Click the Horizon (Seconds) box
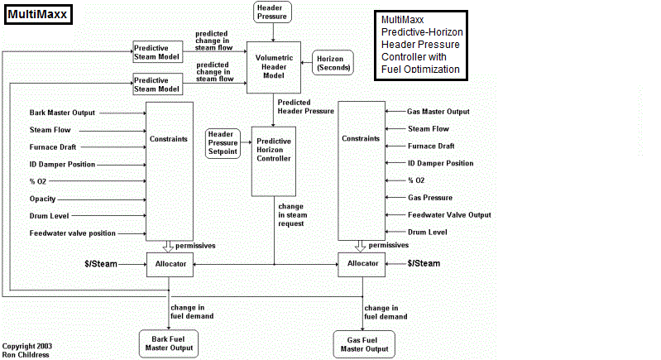coord(333,62)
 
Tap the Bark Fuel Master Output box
coord(170,343)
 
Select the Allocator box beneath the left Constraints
coord(170,264)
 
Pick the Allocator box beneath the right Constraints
coord(363,264)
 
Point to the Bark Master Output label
coord(63,113)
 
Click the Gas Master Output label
coord(438,112)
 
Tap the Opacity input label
coord(43,199)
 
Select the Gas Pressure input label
coord(430,198)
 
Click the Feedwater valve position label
coord(73,233)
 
